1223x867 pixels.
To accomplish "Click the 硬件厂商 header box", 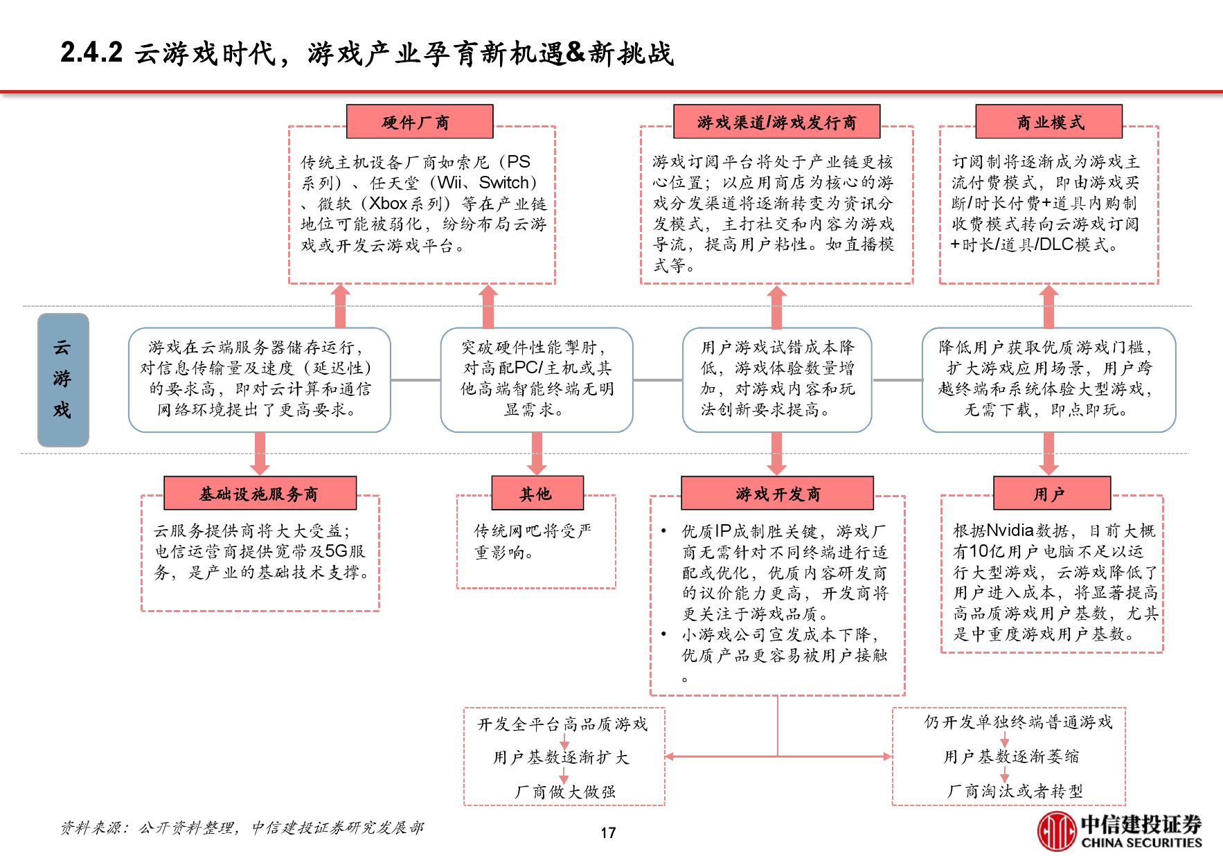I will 419,122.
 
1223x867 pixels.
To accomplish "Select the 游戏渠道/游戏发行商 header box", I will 776,122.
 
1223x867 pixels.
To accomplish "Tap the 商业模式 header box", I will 1048,122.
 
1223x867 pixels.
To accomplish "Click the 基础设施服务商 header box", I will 260,493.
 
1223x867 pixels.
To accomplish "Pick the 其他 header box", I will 537,493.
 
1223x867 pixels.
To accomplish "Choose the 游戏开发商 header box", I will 777,493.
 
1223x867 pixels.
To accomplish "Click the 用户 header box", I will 1051,493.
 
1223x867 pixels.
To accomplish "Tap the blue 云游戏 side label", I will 63,379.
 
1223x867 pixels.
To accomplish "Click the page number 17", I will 608,832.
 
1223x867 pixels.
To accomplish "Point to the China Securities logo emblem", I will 1056,831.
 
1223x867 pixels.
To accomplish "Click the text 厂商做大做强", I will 564,791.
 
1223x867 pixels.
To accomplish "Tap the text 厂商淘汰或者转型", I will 1015,790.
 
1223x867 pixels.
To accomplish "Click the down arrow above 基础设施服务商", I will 260,454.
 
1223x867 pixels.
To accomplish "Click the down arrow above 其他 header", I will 537,454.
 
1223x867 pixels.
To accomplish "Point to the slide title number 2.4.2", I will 91,53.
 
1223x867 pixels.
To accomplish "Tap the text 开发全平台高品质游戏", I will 562,724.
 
